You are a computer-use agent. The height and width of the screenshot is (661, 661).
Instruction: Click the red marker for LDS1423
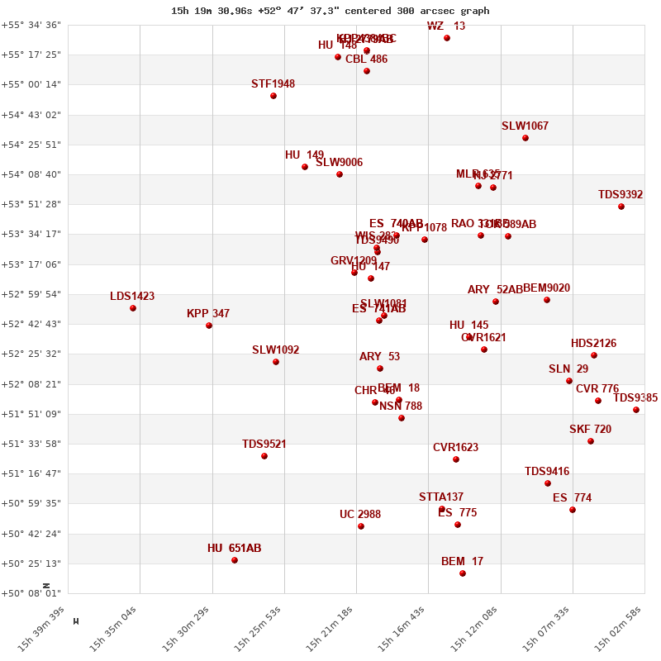[x=133, y=308]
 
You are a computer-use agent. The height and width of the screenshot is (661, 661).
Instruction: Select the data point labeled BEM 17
[x=463, y=573]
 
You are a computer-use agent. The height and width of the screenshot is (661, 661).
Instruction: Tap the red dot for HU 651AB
[x=235, y=560]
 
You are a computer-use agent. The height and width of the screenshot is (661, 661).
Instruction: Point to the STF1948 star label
[x=273, y=84]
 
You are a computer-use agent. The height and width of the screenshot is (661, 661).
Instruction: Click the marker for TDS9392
[x=621, y=207]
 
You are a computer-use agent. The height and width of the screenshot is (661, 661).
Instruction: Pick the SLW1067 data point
[x=525, y=138]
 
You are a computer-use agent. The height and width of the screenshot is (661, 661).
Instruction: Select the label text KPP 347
[x=208, y=314]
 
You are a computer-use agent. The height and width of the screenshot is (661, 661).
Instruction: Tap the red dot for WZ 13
[x=447, y=38]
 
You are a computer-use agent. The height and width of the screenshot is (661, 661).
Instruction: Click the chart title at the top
[x=330, y=11]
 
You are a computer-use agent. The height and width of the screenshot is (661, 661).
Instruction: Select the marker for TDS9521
[x=264, y=456]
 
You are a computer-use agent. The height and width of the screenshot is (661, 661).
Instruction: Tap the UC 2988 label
[x=360, y=515]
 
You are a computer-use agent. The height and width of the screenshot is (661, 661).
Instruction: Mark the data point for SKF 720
[x=591, y=441]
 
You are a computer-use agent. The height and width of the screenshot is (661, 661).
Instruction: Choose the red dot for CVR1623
[x=456, y=459]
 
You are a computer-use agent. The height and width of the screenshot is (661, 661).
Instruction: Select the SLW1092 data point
[x=276, y=362]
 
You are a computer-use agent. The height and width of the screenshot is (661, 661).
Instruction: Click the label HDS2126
[x=593, y=344]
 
